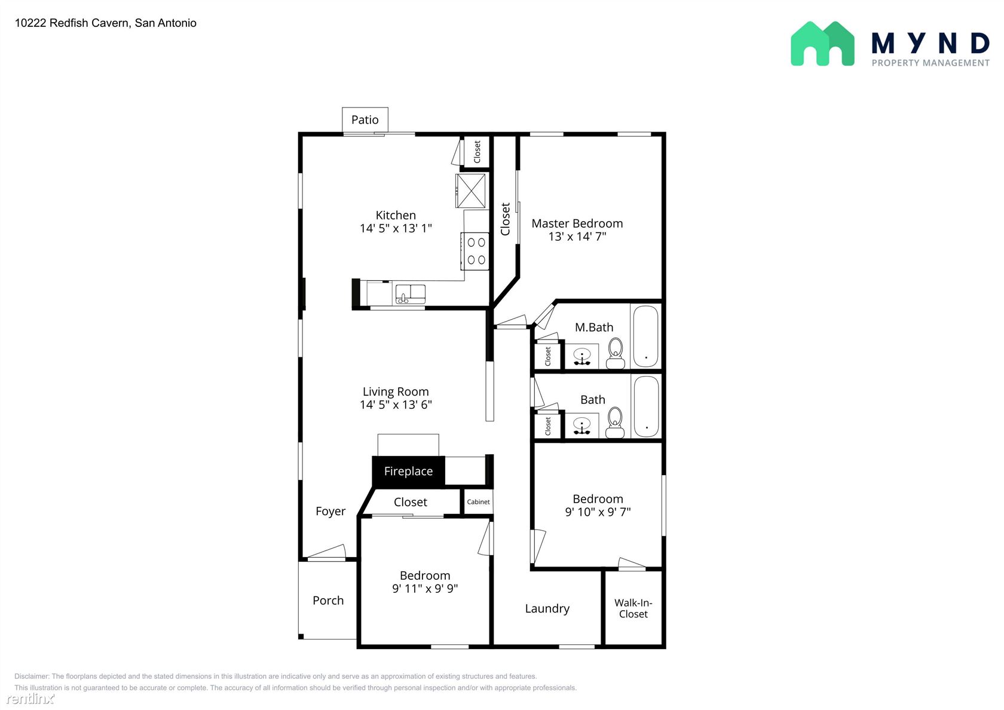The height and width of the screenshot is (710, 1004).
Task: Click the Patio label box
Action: [365, 120]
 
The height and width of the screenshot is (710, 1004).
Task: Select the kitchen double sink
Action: [410, 294]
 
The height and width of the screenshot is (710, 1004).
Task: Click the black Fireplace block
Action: [408, 471]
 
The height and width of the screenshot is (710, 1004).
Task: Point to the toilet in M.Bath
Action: [616, 353]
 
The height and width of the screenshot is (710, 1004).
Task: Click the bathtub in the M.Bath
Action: [646, 336]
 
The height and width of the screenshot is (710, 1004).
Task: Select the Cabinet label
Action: [478, 502]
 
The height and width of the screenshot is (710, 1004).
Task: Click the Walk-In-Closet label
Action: [633, 608]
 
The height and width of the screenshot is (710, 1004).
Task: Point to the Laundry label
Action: [547, 608]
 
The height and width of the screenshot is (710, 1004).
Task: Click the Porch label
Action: [328, 601]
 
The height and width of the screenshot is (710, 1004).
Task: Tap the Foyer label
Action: [330, 512]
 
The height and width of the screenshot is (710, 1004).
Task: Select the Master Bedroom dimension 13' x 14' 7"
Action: [577, 236]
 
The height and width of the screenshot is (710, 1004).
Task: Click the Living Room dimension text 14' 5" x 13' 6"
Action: [396, 405]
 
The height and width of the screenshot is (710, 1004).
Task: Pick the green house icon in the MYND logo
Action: [822, 44]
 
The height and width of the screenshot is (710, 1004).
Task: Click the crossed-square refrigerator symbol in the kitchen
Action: [471, 191]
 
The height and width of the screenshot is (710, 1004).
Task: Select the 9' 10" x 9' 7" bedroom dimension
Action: [598, 512]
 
